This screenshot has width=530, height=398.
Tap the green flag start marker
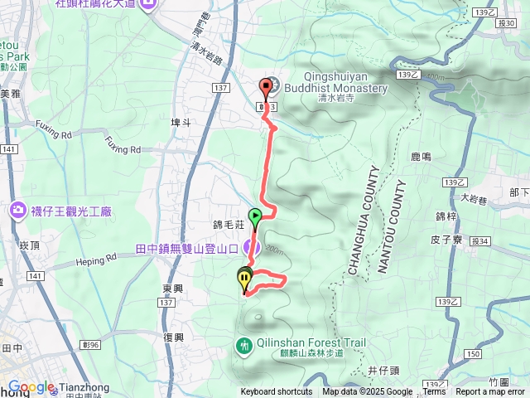tap(256, 217)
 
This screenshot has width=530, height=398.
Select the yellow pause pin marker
tap(244, 279)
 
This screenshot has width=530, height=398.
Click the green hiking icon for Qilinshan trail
tap(245, 345)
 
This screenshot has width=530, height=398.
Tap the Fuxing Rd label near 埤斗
tap(123, 149)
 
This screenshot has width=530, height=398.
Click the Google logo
tap(31, 386)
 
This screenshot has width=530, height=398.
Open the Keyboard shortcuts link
tap(277, 392)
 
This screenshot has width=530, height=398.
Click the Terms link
tap(435, 392)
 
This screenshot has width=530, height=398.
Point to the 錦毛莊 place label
tap(225, 225)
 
